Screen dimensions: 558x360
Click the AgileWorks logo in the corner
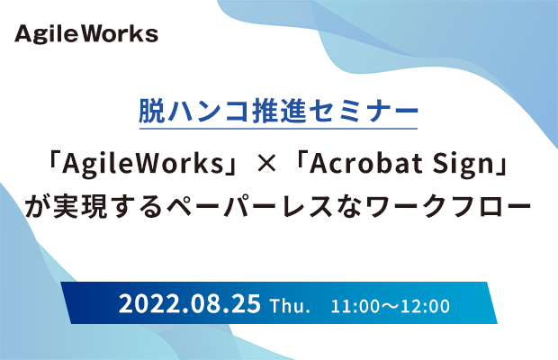[x=86, y=34]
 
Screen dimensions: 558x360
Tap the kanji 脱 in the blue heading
[x=152, y=112]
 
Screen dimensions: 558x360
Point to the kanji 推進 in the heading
[x=278, y=112]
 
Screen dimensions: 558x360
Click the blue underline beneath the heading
[x=278, y=129]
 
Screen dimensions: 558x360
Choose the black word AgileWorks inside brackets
[x=142, y=164]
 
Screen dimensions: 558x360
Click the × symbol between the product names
[x=266, y=165]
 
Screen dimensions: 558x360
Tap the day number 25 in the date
[x=247, y=304]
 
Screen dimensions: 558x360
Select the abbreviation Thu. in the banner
[x=290, y=306]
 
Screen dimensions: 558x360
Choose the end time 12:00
[x=426, y=307]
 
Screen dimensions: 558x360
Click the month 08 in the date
[x=208, y=304]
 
